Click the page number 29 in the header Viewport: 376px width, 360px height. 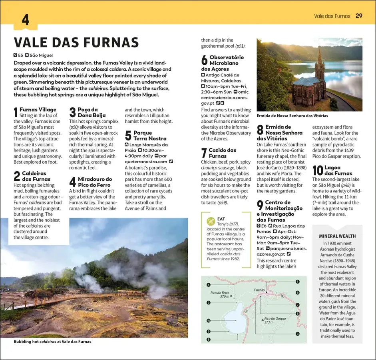pos(359,16)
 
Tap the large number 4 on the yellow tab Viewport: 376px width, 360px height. pos(25,20)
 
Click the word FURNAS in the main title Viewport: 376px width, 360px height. pos(107,42)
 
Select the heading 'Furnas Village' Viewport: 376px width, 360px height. pos(38,110)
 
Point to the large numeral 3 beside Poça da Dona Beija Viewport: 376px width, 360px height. pos(72,112)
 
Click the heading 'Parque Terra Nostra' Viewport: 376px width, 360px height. pos(145,136)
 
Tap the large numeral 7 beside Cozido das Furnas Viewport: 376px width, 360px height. pos(204,153)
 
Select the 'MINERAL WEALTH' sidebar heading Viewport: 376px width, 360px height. pos(338,236)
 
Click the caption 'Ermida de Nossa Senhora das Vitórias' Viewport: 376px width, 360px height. pos(292,116)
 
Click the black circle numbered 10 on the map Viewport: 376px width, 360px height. pos(209,320)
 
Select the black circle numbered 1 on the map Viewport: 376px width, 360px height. pos(298,282)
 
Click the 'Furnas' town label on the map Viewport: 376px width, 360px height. pos(259,290)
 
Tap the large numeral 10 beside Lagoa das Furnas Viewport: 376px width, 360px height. pos(318,170)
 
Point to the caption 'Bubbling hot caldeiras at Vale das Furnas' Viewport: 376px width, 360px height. pos(52,342)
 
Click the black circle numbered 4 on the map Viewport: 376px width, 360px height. pos(209,285)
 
